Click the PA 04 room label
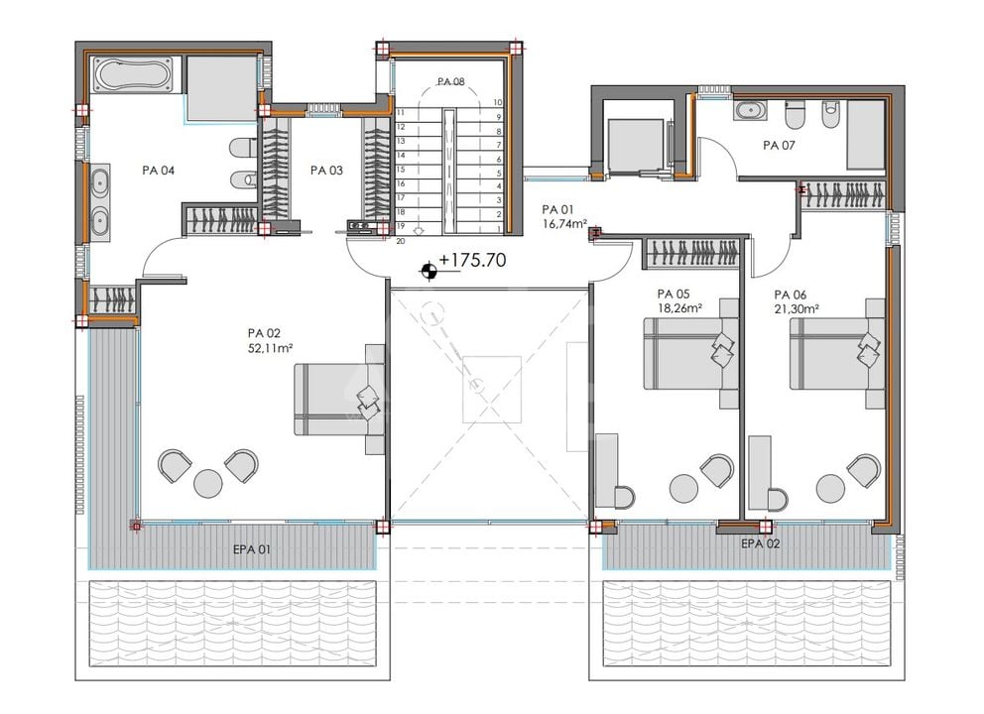[158, 170]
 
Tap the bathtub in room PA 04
[132, 74]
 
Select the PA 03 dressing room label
[326, 170]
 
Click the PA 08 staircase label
[450, 81]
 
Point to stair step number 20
[401, 241]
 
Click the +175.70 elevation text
[472, 260]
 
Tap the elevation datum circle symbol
[430, 271]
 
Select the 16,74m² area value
[564, 223]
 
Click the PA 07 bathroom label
[779, 146]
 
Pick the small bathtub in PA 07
[749, 110]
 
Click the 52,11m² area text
[271, 348]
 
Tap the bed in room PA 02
[339, 399]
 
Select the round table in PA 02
[208, 484]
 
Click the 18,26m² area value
[679, 308]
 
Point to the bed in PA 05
[691, 354]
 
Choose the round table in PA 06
[831, 488]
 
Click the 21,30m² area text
[797, 308]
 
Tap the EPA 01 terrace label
[252, 549]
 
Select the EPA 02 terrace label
[761, 544]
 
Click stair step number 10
[498, 102]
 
